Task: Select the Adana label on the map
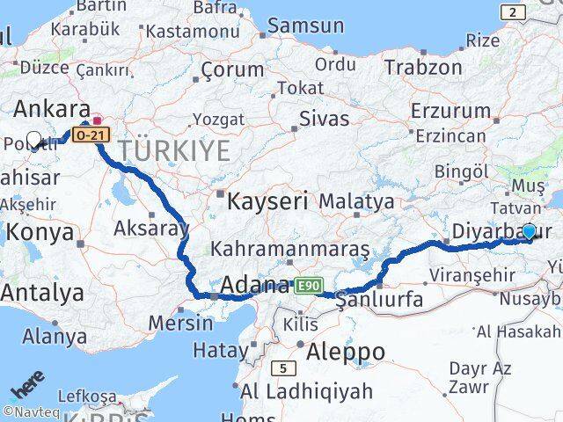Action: point(254,285)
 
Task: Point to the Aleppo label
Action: point(346,352)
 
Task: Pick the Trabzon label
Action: point(422,67)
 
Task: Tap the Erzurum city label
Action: point(462,111)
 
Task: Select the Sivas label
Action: point(324,117)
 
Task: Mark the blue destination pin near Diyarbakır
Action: point(529,231)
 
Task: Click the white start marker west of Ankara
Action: point(34,138)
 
